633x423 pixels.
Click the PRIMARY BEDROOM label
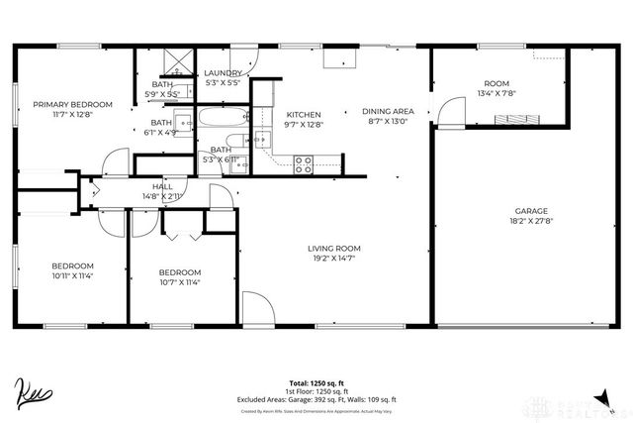point(72,104)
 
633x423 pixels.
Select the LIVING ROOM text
point(333,248)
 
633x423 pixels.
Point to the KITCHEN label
point(303,114)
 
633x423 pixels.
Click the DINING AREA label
point(388,111)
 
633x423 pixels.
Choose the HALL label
point(162,186)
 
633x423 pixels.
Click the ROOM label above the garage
point(496,83)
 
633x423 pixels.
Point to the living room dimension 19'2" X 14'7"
point(333,259)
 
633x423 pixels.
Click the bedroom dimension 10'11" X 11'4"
point(72,276)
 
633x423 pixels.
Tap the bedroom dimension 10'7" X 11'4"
point(179,282)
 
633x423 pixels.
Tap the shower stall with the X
point(178,64)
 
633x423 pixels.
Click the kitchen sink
point(262,140)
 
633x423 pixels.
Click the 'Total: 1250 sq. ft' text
point(316,381)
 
